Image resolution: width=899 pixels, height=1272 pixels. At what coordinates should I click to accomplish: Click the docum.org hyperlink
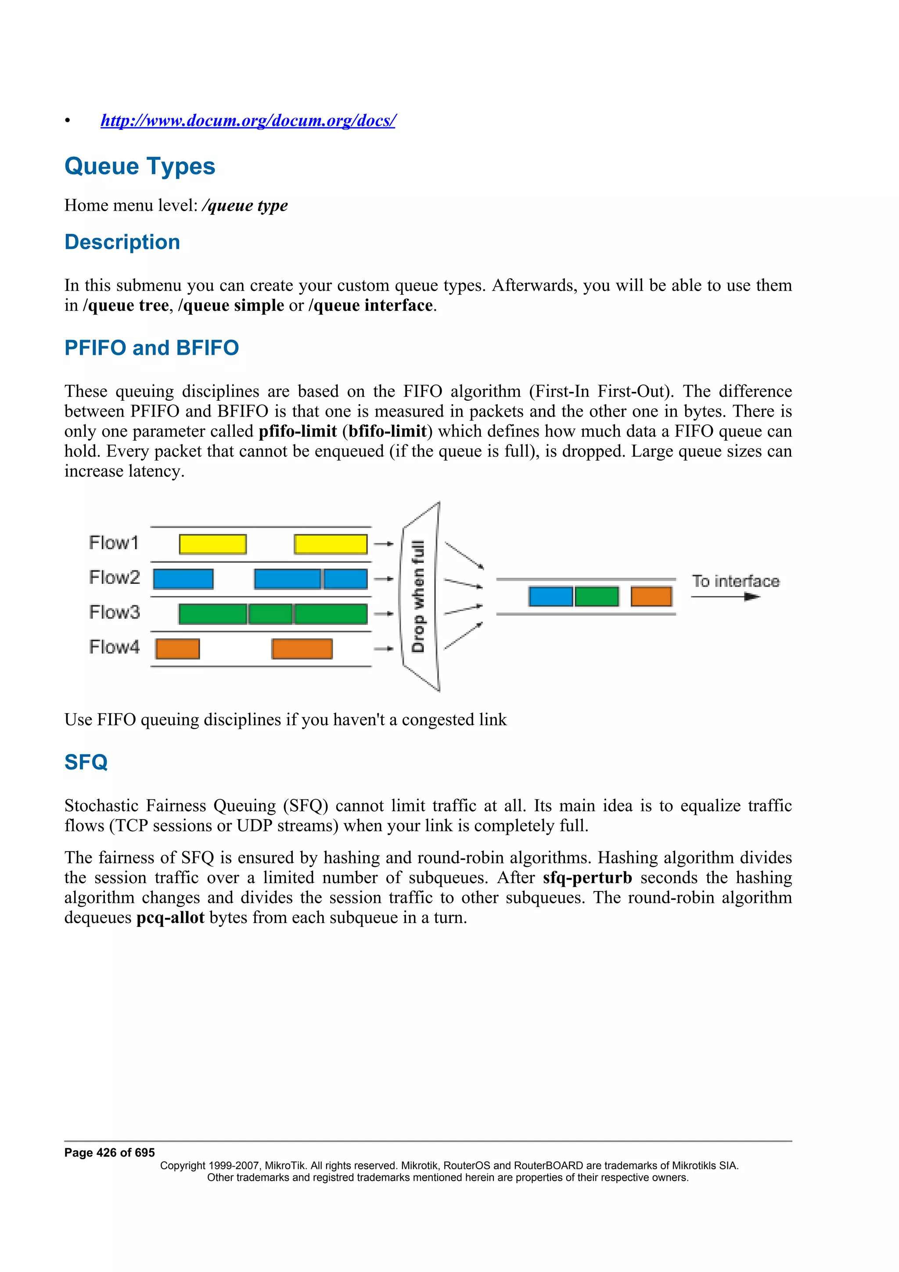tap(248, 120)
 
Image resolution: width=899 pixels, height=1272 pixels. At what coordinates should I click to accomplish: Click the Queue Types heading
tap(140, 166)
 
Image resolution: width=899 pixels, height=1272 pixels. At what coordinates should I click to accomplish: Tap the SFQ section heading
tap(86, 762)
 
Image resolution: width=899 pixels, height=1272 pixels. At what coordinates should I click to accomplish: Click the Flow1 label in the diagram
tap(114, 543)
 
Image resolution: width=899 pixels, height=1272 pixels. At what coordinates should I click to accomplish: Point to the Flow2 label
tap(114, 577)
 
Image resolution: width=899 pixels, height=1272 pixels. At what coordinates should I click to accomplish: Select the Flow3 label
tap(114, 612)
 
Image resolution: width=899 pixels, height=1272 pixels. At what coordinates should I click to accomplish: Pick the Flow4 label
tap(114, 647)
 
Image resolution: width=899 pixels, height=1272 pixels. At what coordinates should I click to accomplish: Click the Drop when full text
tap(418, 596)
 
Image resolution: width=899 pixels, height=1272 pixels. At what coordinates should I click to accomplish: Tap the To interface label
tap(736, 581)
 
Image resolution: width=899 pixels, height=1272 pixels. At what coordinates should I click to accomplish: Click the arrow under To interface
tap(726, 596)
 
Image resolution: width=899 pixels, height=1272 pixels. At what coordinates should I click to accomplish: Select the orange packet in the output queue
tap(651, 596)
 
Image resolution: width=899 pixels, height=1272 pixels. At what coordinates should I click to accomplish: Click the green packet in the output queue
tap(597, 596)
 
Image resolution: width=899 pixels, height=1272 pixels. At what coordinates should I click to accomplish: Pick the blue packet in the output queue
tap(550, 596)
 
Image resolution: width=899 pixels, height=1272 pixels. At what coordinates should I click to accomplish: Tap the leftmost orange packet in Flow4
tap(177, 649)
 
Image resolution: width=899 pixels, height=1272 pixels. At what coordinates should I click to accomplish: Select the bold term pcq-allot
tap(170, 917)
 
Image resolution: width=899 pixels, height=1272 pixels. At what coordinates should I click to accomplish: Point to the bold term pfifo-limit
tap(298, 431)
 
